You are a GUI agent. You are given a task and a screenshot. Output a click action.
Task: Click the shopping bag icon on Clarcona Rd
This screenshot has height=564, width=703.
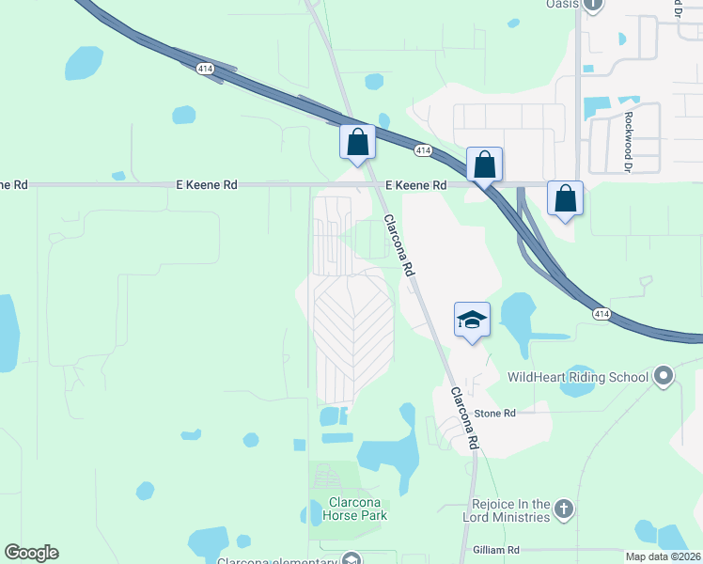click(357, 143)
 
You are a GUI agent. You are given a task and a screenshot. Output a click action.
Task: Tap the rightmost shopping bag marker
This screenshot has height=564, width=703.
click(565, 199)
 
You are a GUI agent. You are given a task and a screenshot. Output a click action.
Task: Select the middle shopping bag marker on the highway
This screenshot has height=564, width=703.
click(484, 164)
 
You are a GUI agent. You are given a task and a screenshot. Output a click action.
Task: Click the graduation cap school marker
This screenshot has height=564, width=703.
click(472, 320)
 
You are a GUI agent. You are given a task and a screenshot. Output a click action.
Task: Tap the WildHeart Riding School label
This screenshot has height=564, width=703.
click(577, 377)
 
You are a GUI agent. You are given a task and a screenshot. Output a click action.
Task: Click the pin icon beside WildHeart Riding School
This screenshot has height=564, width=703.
click(664, 377)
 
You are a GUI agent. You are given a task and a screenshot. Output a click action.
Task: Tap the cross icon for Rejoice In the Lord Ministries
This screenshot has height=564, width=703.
click(563, 509)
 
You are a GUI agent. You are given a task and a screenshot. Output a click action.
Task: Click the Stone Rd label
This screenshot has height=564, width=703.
click(495, 413)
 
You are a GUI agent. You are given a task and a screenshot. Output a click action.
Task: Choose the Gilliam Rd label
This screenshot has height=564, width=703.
click(496, 549)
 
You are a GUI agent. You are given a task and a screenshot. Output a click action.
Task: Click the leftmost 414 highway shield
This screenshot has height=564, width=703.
click(206, 69)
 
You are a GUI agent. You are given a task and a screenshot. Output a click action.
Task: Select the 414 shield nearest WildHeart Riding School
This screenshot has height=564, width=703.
click(602, 314)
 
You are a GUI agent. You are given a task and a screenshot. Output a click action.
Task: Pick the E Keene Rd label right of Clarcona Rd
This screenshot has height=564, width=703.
click(414, 186)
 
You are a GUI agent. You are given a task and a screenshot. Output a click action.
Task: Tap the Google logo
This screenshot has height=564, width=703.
click(31, 553)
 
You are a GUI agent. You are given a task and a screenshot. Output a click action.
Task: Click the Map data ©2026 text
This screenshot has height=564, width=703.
click(662, 556)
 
